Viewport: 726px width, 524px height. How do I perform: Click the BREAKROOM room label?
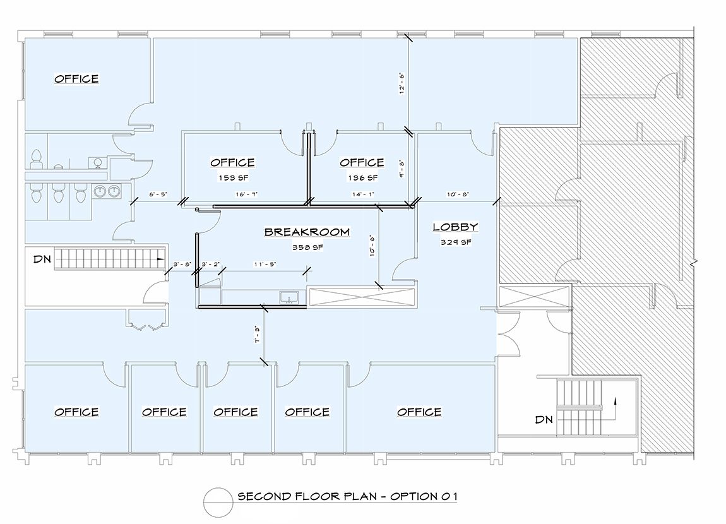(x=307, y=232)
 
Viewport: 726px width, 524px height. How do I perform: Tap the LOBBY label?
(x=455, y=227)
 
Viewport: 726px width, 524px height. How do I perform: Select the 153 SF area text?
(x=234, y=178)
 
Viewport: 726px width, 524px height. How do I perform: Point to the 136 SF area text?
(x=363, y=178)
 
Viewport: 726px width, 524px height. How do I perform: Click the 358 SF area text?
(x=307, y=247)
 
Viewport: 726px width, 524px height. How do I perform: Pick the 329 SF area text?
(x=456, y=242)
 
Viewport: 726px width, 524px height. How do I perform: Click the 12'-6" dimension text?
(x=402, y=83)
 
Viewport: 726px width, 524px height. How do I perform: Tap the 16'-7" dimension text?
(x=246, y=194)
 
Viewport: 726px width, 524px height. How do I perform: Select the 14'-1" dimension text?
(x=363, y=194)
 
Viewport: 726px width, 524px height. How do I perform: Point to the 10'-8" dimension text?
(x=458, y=194)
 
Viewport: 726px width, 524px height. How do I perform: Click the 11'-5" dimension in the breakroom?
(x=265, y=265)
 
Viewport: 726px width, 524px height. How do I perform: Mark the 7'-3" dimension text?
(x=257, y=334)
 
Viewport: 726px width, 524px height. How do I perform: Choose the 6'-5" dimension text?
(x=157, y=194)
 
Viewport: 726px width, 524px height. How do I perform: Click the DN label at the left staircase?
(x=42, y=259)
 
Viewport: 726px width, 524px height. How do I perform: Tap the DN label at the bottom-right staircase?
(x=544, y=420)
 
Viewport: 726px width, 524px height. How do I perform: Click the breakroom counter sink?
(x=289, y=297)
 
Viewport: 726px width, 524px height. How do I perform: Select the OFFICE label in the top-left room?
(x=76, y=79)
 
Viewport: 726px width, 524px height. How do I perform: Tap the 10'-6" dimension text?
(x=372, y=246)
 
